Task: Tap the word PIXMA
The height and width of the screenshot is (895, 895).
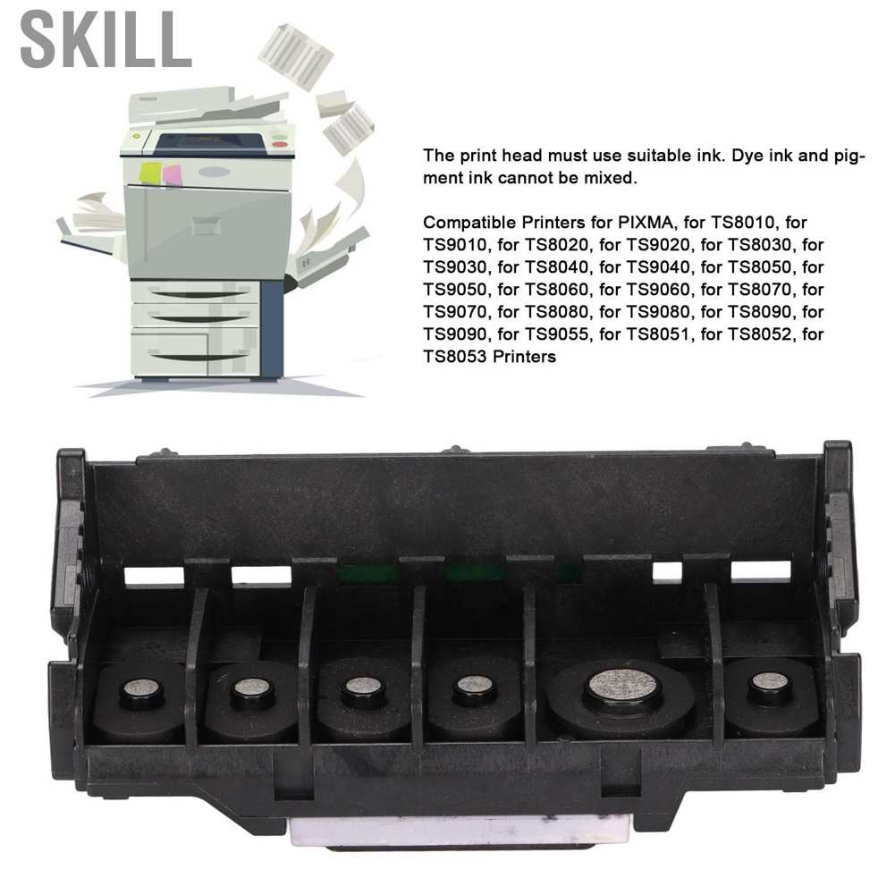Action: coord(636,222)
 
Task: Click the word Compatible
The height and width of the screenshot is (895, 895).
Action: coord(468,222)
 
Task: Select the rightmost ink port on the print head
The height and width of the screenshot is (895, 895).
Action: coord(770,685)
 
